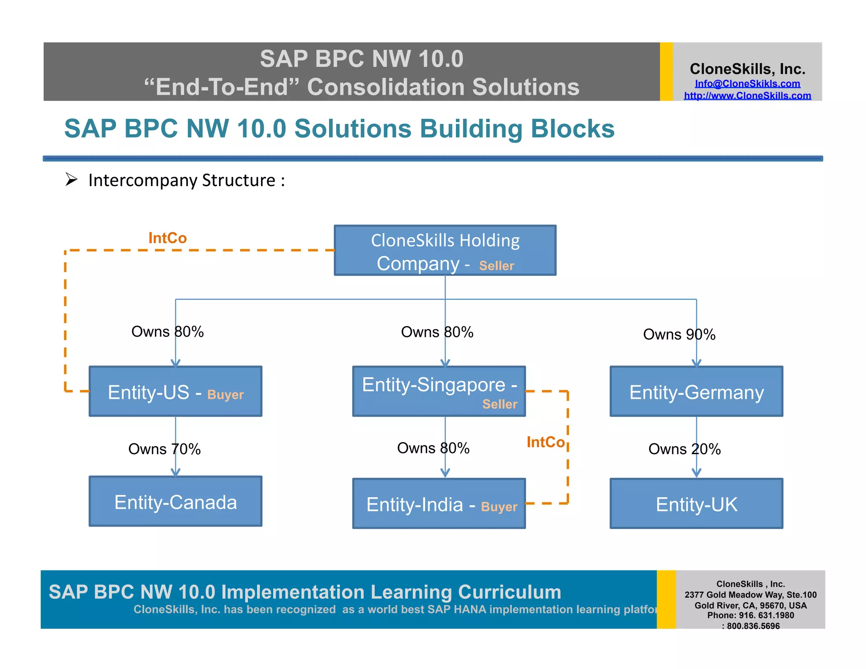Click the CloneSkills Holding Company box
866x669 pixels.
pos(445,250)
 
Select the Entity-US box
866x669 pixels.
pos(175,392)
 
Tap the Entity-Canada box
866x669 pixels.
pos(175,502)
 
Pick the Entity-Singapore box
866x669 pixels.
pos(439,392)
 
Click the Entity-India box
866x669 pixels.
pos(439,504)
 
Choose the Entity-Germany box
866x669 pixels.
pos(696,392)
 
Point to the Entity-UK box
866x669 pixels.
pos(696,504)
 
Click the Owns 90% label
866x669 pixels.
pos(679,334)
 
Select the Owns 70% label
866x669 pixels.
pos(164,449)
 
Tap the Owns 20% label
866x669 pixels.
pos(684,449)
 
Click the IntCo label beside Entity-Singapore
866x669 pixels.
pos(545,442)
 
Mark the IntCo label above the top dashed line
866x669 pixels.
pos(167,238)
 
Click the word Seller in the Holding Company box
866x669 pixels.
pos(496,266)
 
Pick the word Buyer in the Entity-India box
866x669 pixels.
pos(499,507)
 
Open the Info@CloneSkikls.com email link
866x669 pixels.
pos(747,84)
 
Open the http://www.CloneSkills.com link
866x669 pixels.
pos(747,96)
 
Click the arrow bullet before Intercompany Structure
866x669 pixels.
pos(71,180)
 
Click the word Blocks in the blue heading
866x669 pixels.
pos(572,129)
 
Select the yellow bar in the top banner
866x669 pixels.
pos(666,71)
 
